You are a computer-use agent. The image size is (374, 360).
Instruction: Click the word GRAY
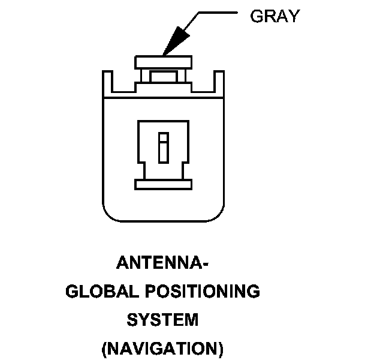click(x=274, y=16)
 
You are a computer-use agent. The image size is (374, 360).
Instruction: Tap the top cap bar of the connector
click(x=163, y=62)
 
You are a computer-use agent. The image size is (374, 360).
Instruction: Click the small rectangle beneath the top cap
click(x=163, y=76)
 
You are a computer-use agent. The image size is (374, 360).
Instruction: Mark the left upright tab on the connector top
click(x=107, y=83)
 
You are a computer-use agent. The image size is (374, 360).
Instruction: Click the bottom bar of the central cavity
click(x=163, y=183)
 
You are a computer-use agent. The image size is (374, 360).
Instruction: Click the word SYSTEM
click(x=162, y=320)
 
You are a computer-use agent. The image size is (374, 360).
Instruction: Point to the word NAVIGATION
click(x=162, y=348)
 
